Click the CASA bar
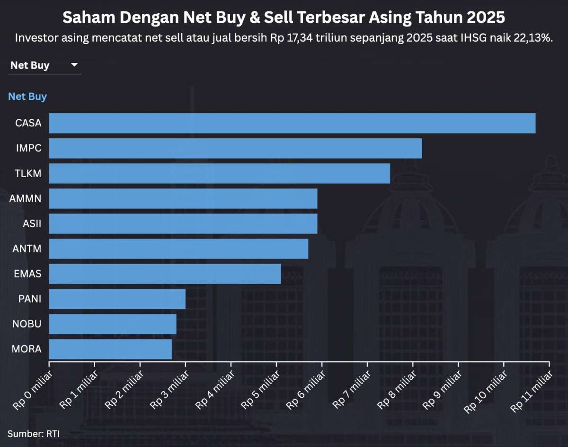tap(292, 123)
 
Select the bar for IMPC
tap(235, 148)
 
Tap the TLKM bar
tap(220, 173)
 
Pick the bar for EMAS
tap(165, 274)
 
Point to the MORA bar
tap(110, 349)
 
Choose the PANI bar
tap(117, 299)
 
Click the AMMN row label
tap(25, 198)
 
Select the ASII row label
tap(32, 223)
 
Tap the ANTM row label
tap(27, 249)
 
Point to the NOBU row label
tap(27, 324)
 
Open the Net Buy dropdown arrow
tap(74, 65)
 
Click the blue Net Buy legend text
tap(27, 97)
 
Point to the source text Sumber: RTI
tap(33, 433)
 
